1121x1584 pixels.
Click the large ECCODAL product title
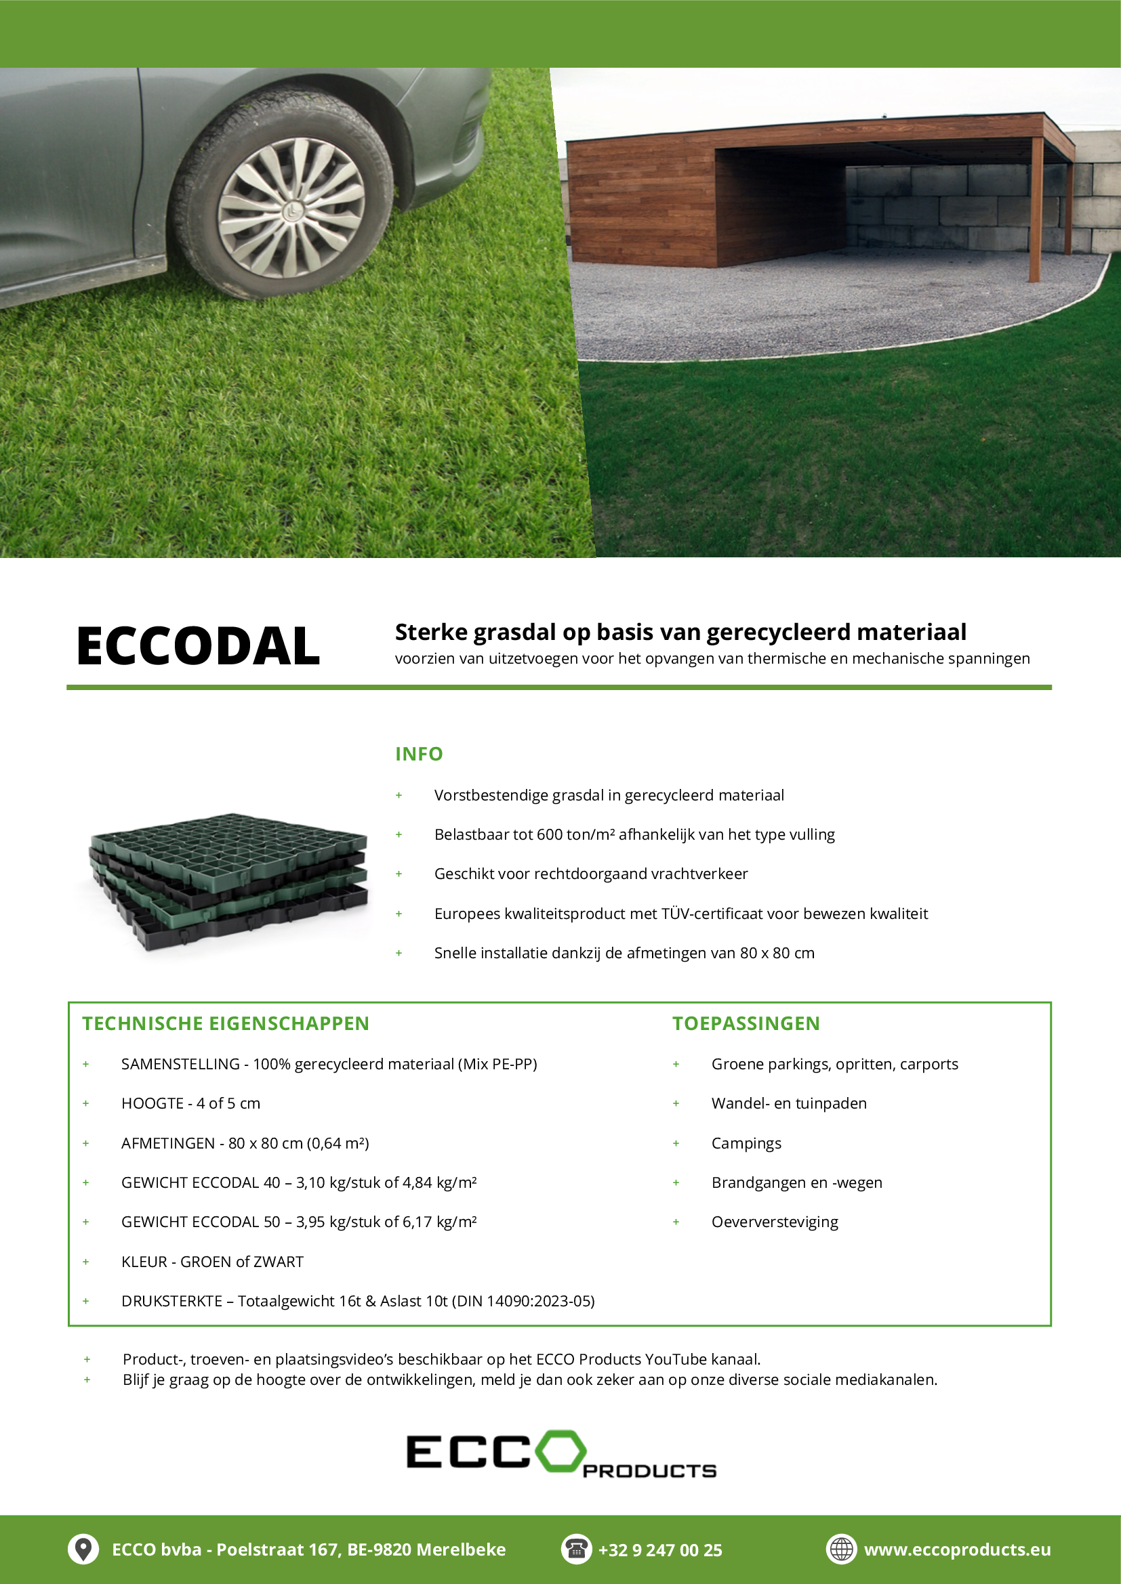tap(198, 647)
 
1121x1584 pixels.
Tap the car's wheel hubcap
tap(291, 208)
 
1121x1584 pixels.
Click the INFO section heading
tap(418, 754)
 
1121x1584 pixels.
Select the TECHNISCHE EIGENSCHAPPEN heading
tap(226, 1024)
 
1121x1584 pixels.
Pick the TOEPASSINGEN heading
tap(746, 1024)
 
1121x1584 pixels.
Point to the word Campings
tap(746, 1143)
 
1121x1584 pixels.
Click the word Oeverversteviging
tap(775, 1222)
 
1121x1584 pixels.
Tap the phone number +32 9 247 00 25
tap(660, 1550)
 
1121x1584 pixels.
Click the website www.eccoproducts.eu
tap(957, 1549)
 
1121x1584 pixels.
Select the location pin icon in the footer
tap(83, 1549)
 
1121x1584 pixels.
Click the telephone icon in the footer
tap(575, 1549)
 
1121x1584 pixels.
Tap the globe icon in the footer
tap(840, 1549)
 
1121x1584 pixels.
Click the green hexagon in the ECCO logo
tap(560, 1451)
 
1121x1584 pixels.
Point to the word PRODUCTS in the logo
tap(649, 1472)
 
